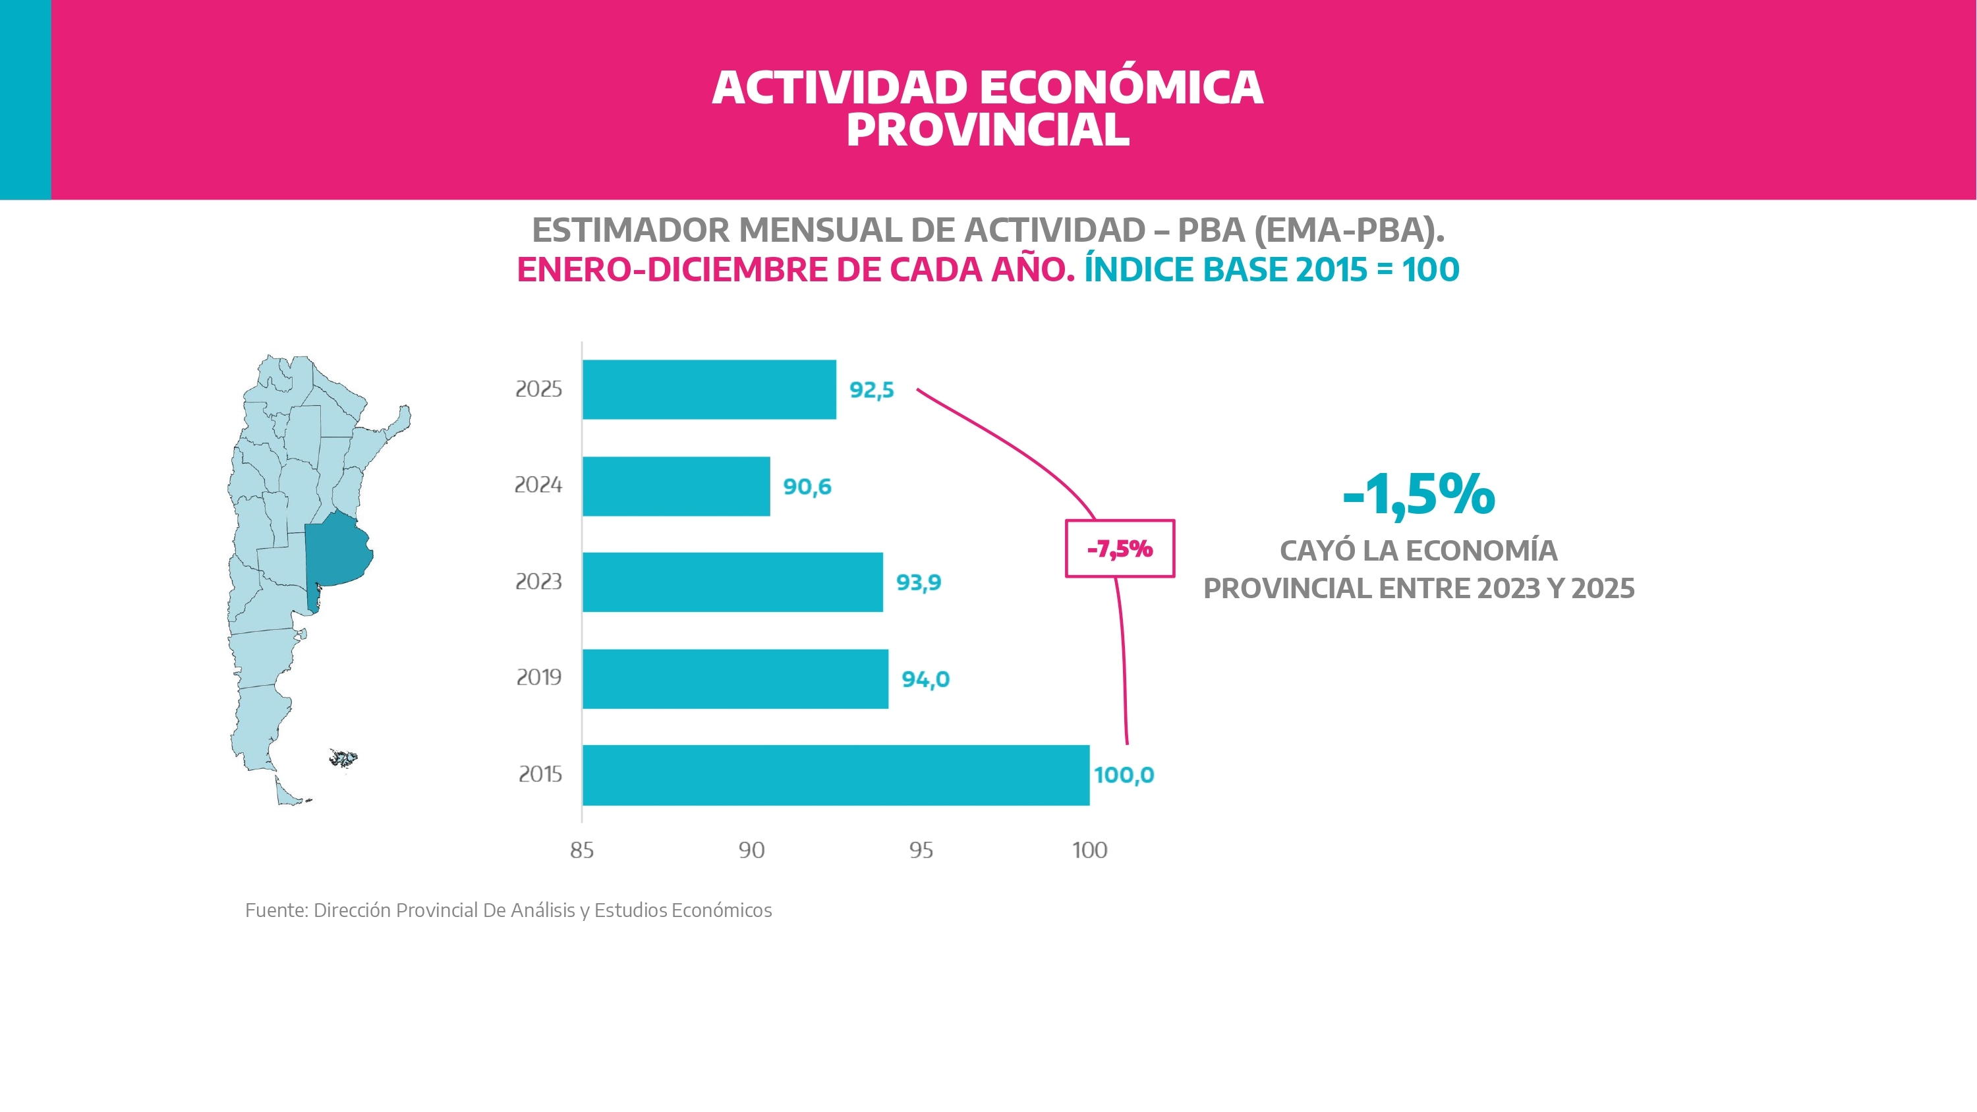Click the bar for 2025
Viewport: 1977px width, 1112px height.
709,390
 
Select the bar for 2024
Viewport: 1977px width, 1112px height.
676,487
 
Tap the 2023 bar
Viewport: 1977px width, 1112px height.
732,582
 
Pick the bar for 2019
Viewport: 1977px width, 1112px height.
735,679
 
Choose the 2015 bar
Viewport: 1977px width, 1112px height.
836,775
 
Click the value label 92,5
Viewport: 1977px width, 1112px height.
871,391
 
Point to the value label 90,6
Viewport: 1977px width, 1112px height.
807,487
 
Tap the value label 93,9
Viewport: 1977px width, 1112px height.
919,582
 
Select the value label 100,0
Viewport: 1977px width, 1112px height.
1124,775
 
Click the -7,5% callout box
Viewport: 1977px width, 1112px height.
1120,549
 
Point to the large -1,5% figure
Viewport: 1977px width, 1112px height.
1418,495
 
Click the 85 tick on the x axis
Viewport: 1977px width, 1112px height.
582,850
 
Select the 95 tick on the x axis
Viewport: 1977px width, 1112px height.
921,850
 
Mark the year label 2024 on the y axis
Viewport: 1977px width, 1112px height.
538,485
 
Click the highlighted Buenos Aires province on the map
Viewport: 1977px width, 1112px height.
336,553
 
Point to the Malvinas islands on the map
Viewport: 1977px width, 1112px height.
343,758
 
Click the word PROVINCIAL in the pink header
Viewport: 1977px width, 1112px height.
988,130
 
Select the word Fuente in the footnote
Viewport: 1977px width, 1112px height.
275,910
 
